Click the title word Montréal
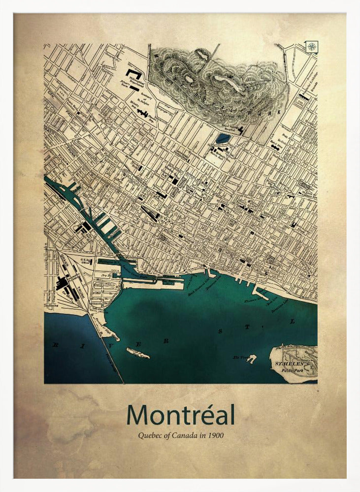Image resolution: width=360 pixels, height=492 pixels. pos(180,415)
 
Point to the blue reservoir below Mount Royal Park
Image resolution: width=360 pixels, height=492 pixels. pos(223,138)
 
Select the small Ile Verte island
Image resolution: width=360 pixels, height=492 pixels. pos(252,359)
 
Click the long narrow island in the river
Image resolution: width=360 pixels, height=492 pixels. pos(137,353)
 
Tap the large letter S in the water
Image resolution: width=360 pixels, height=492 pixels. pos(220,332)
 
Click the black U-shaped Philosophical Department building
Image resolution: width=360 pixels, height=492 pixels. pos(133,74)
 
